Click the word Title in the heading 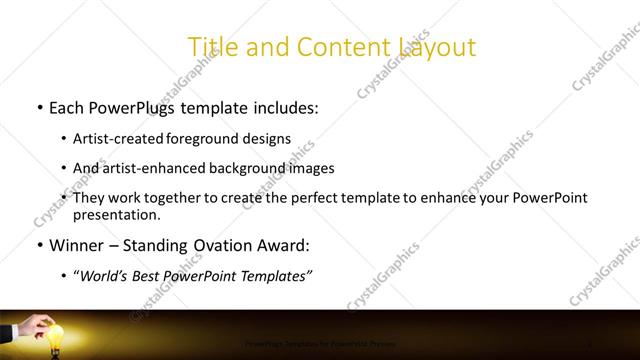point(211,46)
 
